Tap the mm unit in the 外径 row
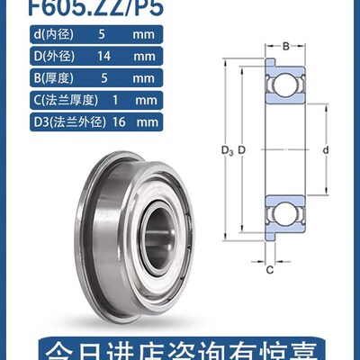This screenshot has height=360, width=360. pos(151,57)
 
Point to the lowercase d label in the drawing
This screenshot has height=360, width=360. pos(323,148)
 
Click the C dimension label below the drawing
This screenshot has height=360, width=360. pos(269,268)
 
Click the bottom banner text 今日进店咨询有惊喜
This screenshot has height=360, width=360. pos(179,346)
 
